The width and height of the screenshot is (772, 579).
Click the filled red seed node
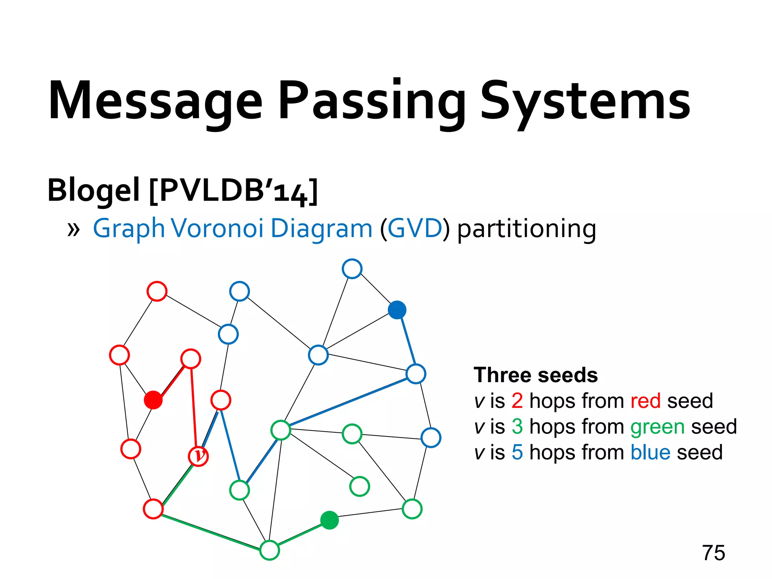tap(153, 400)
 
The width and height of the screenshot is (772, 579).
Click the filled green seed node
tap(329, 520)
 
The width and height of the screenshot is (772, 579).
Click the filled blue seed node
tap(397, 310)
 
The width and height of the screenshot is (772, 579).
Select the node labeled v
tap(198, 456)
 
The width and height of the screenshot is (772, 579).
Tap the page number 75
tap(713, 553)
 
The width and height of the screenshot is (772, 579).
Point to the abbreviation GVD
tap(415, 228)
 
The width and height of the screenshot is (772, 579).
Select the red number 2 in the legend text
tap(517, 401)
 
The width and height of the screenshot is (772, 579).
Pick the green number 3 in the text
tap(517, 426)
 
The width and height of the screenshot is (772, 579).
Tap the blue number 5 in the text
tap(517, 452)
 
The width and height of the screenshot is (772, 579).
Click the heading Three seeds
tap(536, 375)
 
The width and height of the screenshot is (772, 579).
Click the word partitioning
tap(526, 229)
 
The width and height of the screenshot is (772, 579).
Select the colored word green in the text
tap(657, 427)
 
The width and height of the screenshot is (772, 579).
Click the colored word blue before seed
tap(650, 452)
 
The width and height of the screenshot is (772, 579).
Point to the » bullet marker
tap(74, 229)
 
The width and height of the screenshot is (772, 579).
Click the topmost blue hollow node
tap(352, 269)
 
